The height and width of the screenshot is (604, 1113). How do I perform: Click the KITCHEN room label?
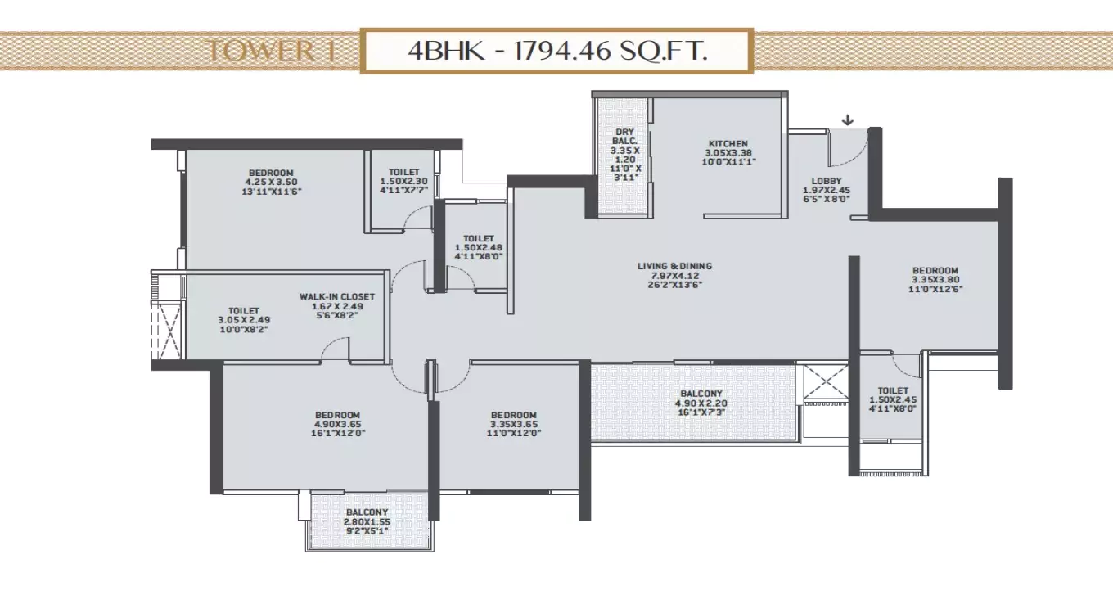coord(728,144)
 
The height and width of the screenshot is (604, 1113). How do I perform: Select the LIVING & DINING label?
coord(675,266)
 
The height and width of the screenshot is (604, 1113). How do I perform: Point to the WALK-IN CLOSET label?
coord(336,296)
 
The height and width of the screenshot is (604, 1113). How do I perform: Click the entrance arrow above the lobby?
coord(848,120)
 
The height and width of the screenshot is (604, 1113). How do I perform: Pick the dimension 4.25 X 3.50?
coord(269,182)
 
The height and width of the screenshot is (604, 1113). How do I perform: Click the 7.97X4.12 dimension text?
coord(675,275)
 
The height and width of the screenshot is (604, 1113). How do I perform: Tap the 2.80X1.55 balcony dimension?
coord(366,521)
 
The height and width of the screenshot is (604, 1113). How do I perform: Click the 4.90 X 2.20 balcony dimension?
coord(701,403)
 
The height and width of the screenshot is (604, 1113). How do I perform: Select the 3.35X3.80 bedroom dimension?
coord(935,281)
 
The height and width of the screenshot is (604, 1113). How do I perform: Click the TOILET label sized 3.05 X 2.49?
coord(244,311)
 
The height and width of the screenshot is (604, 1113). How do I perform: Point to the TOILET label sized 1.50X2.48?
coord(479,238)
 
